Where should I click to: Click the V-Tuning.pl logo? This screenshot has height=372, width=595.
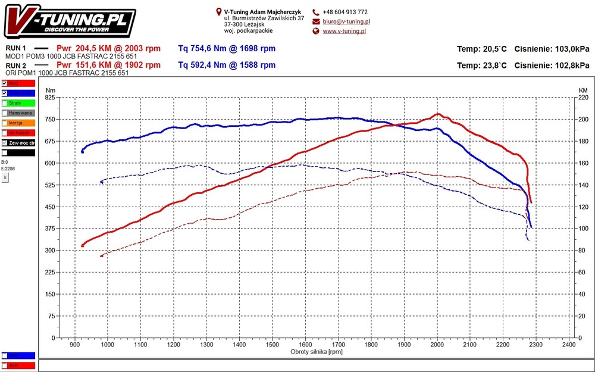pos(69,21)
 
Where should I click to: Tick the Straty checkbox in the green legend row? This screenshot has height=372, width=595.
pos(5,103)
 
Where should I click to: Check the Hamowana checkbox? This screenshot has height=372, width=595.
pos(5,112)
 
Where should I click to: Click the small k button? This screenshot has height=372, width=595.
pos(5,177)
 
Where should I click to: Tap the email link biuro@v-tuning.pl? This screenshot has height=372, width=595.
pos(346,21)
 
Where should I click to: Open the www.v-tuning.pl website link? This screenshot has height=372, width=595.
pos(344,31)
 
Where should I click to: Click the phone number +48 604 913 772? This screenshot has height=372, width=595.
pos(345,12)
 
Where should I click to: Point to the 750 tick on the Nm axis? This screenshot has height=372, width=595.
pos(49,119)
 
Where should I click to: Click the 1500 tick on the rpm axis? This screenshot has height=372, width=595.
pos(273,345)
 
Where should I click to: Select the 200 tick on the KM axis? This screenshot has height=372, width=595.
pos(583,119)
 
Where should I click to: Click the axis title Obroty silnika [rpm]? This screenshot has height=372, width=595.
pos(316,352)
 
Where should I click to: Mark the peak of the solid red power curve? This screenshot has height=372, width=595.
pos(438,114)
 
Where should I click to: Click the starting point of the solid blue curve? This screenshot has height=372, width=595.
pos(82,151)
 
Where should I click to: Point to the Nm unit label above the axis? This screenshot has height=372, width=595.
pos(50,90)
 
